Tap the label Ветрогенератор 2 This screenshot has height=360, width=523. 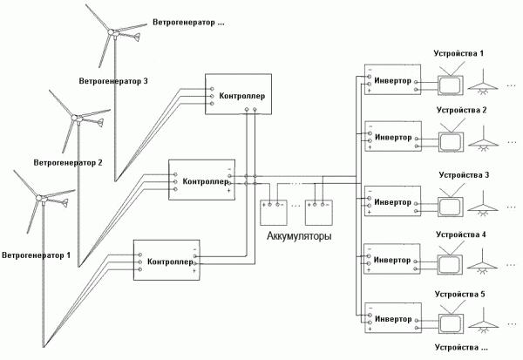click(68, 162)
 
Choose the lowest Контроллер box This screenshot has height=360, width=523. click(166, 260)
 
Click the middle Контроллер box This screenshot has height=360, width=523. click(201, 180)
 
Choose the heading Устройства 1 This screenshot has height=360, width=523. click(459, 54)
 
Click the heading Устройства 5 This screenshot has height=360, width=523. click(459, 294)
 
